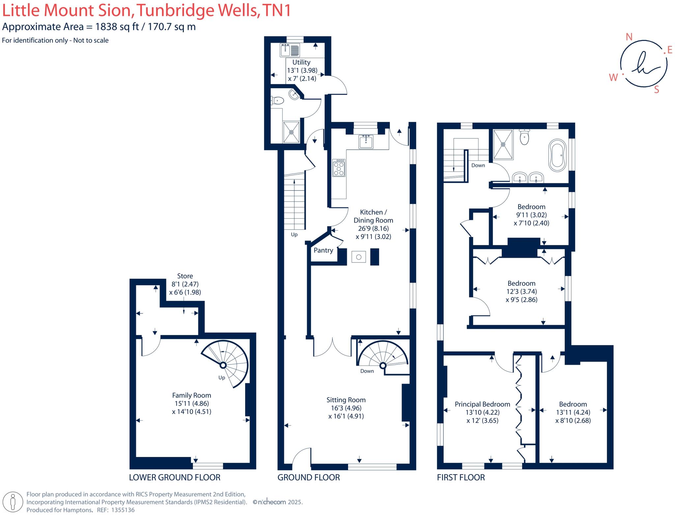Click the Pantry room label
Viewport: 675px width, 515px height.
point(323,250)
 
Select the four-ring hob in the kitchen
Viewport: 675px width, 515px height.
point(338,168)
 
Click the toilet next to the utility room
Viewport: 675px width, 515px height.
point(278,100)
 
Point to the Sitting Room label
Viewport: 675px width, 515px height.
point(346,400)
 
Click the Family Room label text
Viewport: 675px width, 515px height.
point(191,395)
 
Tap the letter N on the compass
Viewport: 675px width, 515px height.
point(629,37)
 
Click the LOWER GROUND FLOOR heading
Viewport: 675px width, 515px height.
point(174,477)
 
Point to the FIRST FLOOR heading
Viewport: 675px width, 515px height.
point(460,477)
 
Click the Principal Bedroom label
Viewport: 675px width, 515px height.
point(482,404)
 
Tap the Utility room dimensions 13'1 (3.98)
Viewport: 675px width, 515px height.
point(302,70)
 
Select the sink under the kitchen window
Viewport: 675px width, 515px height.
point(366,142)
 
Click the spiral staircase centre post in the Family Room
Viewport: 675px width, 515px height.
point(223,365)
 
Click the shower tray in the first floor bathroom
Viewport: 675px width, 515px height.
point(503,144)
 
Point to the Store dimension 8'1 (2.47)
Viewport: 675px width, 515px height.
point(185,284)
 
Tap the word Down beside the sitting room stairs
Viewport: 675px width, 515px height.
point(367,371)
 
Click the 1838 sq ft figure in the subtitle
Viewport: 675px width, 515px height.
point(117,27)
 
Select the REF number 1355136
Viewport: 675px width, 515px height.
point(123,510)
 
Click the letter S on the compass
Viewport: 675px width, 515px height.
point(656,90)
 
